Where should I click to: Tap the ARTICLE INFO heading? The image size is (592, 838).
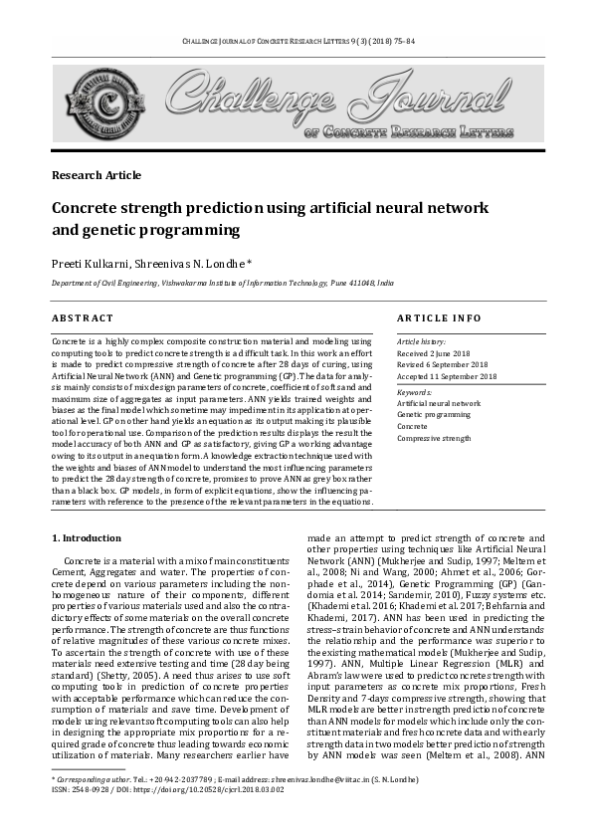click(x=439, y=317)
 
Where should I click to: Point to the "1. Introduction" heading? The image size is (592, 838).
click(x=86, y=538)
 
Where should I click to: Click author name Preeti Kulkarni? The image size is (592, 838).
click(x=91, y=262)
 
